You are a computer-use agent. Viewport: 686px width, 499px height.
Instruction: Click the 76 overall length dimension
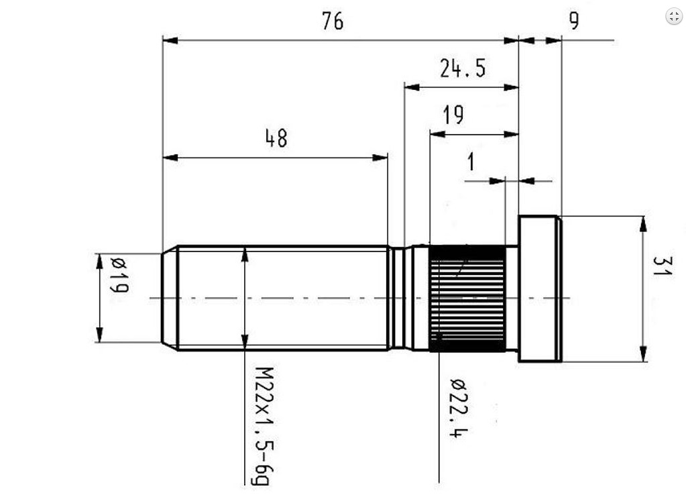click(x=333, y=21)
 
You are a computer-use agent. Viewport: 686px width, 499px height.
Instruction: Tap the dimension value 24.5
click(x=463, y=68)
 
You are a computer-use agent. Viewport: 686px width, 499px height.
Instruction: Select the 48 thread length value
click(x=276, y=138)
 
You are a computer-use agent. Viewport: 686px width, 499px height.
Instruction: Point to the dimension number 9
click(x=573, y=21)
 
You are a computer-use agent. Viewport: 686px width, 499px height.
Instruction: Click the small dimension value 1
click(x=471, y=162)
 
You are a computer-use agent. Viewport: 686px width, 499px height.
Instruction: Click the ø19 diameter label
click(x=119, y=276)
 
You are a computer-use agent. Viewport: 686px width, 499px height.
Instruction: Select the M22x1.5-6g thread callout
click(x=264, y=426)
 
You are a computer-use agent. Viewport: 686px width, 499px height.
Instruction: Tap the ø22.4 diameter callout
click(x=459, y=408)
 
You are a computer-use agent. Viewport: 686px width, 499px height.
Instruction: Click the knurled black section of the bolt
click(x=467, y=298)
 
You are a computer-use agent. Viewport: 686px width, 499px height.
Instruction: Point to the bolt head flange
click(x=540, y=289)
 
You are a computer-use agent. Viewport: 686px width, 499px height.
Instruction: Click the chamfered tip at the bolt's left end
click(x=170, y=298)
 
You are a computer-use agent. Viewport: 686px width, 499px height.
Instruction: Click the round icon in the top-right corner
click(x=674, y=16)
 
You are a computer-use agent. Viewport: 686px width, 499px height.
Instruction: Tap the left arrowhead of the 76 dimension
click(x=170, y=40)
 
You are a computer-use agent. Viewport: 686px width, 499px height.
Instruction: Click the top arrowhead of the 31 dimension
click(x=642, y=223)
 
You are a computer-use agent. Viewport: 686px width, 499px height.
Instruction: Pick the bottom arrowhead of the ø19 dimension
click(x=99, y=335)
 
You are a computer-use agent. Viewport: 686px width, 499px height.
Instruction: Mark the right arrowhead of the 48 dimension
click(x=380, y=157)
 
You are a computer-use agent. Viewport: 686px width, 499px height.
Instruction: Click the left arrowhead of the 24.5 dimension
click(x=412, y=87)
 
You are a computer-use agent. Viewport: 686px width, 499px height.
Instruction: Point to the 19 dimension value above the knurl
click(x=453, y=115)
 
